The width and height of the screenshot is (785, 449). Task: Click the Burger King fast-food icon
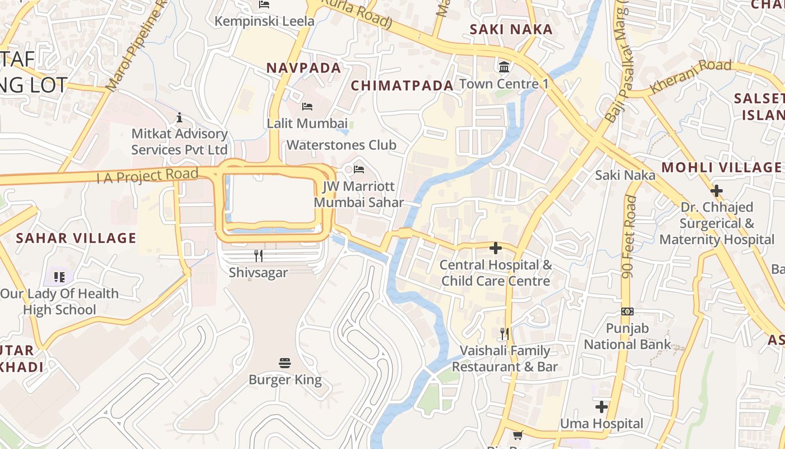tap(285, 363)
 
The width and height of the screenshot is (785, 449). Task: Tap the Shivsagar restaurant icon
tap(258, 256)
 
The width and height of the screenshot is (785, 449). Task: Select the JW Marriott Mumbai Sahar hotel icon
tap(359, 168)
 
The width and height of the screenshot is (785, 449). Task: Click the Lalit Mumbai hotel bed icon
tap(307, 106)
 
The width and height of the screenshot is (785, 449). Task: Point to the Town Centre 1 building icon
tap(504, 67)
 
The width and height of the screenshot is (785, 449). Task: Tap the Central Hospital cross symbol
tap(496, 248)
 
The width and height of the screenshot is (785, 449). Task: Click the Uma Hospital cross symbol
tap(602, 406)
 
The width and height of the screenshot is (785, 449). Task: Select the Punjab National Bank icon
tap(627, 311)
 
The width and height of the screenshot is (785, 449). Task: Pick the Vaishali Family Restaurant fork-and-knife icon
tap(505, 334)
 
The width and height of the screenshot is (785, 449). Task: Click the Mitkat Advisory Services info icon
tap(179, 117)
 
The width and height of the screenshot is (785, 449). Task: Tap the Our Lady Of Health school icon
tap(59, 277)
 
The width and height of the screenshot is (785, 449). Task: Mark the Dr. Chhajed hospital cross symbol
tap(716, 190)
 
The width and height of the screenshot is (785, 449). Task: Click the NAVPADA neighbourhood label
tap(303, 68)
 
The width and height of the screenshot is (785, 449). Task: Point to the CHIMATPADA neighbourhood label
tap(402, 85)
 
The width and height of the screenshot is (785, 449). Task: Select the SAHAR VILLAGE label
tap(76, 238)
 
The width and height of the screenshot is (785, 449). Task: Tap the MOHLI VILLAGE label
tap(721, 167)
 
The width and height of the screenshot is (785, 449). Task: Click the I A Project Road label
tap(147, 176)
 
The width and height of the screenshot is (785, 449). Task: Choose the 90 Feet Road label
tap(629, 236)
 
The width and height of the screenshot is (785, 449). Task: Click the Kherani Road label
tap(691, 76)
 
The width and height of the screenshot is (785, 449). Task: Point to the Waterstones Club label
tap(341, 145)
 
